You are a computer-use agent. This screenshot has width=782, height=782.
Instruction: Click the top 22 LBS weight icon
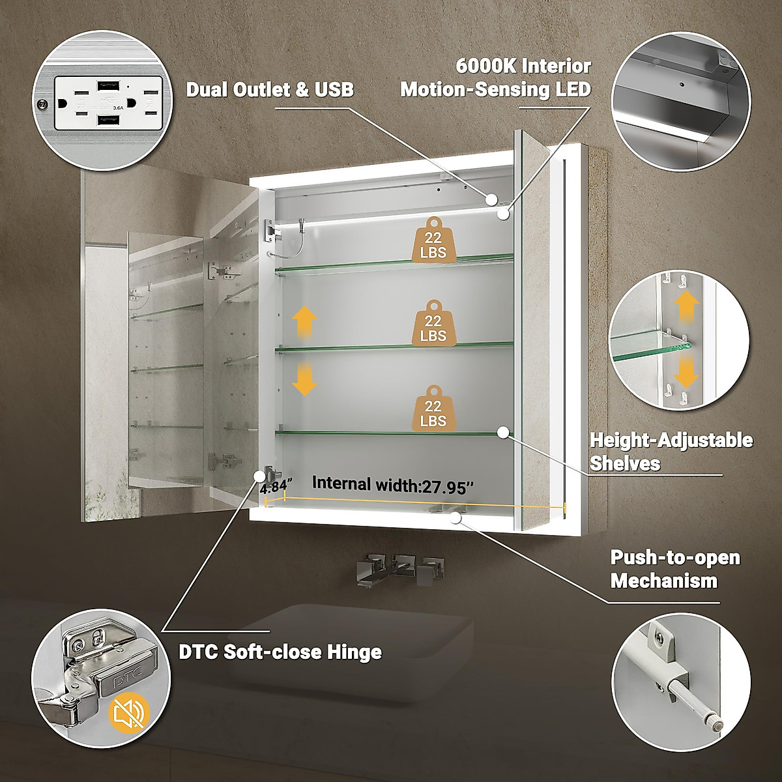pos(433,242)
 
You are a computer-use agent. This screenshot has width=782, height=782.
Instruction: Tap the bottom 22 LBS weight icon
pos(433,411)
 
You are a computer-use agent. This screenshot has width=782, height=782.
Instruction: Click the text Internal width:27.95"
pos(393,484)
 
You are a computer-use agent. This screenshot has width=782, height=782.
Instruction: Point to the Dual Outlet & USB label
pos(270,89)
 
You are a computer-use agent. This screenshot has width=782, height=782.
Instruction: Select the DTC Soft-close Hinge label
pos(280,652)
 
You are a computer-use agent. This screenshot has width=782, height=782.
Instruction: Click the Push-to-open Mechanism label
pos(674,569)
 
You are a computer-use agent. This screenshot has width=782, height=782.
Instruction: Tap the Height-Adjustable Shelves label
pos(671,452)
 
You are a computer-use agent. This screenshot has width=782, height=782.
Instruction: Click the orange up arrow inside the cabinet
pos(304,321)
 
